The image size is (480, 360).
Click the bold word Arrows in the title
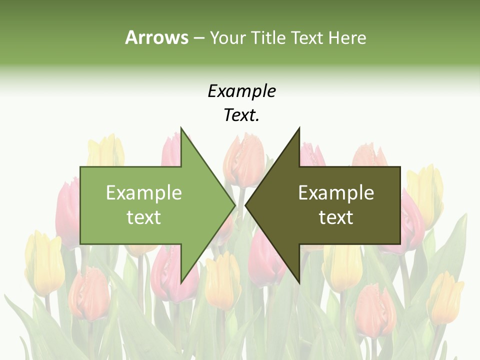(156, 37)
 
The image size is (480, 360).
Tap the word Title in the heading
(268, 37)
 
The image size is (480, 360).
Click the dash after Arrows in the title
(198, 38)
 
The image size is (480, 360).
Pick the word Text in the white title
(307, 37)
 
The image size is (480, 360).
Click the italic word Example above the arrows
(241, 91)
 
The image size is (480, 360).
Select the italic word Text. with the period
(241, 115)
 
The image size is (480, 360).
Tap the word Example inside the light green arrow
(144, 193)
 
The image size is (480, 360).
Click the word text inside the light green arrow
(144, 217)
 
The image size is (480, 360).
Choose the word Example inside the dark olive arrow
(336, 193)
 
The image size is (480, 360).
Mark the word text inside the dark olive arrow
(336, 217)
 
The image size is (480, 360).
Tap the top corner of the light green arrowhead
(181, 128)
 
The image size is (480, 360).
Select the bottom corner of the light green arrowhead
(181, 282)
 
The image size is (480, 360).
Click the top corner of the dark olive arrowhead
(299, 128)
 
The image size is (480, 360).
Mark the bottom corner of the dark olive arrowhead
(299, 282)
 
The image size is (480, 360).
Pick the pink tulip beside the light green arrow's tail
(68, 210)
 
